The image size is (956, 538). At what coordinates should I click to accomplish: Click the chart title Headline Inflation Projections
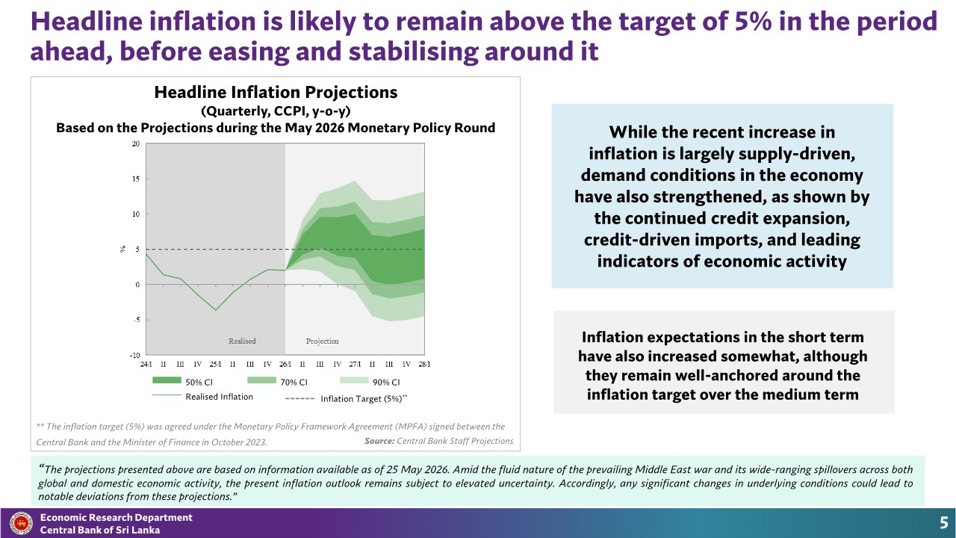point(276,92)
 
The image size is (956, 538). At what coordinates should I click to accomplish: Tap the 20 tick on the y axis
point(136,144)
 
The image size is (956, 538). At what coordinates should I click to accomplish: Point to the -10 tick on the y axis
point(135,355)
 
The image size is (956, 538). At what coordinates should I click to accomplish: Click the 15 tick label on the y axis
point(136,179)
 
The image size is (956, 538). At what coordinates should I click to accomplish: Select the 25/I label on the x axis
point(215,364)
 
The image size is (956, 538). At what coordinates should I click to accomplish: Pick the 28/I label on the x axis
point(424,364)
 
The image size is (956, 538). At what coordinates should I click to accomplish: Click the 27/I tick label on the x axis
point(355,364)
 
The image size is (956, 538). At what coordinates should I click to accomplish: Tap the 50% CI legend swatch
point(167,380)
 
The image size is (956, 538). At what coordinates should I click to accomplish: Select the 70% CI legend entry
point(277,381)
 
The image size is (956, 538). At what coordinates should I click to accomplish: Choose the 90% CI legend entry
point(370,381)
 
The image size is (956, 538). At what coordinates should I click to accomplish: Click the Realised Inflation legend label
point(219,397)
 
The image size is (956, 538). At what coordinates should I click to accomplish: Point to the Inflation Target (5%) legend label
point(364,399)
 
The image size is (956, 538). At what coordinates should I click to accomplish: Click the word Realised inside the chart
point(242,341)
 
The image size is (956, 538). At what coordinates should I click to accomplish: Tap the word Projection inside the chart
point(322,341)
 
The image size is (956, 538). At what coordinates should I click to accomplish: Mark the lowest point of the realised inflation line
point(216,310)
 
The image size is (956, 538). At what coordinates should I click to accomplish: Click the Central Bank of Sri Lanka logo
point(21,523)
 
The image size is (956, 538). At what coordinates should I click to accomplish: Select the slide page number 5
point(943,523)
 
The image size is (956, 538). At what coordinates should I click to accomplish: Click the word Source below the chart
point(379,441)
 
